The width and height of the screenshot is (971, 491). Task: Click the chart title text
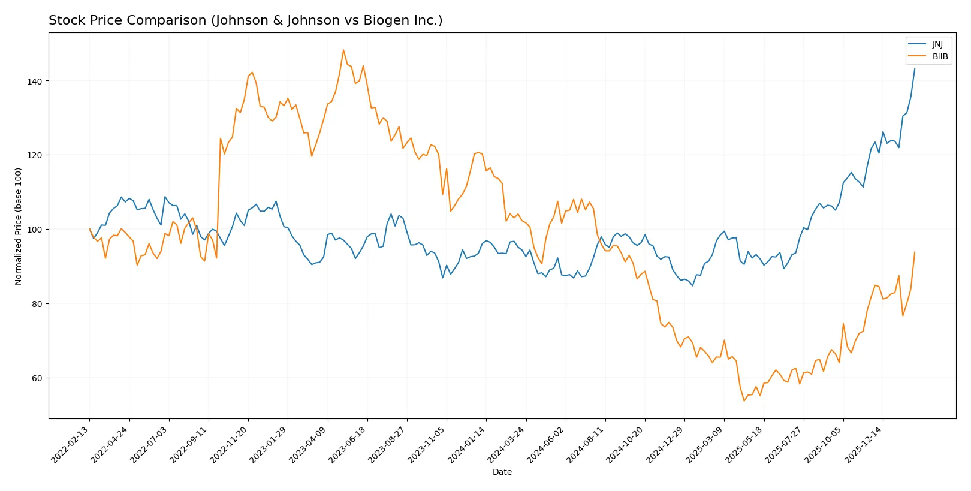[245, 20]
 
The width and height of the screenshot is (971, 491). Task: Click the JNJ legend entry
[937, 44]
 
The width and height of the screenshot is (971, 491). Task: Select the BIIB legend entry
[940, 57]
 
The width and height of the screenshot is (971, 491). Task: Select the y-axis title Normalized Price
[19, 226]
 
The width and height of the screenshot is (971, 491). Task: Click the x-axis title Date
[502, 472]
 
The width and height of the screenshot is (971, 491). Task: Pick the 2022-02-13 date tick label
[71, 444]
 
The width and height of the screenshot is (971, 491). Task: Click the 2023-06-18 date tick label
[348, 444]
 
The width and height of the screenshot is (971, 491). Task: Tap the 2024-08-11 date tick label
[586, 444]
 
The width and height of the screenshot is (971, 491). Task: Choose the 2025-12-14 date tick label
[864, 444]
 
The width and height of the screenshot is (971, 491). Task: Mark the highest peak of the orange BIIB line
[343, 50]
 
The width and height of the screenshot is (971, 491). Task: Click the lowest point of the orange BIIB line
[744, 400]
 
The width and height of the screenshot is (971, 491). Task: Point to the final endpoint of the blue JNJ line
[915, 69]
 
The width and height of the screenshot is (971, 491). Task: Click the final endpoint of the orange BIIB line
[915, 252]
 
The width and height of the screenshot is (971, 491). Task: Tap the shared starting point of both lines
[90, 229]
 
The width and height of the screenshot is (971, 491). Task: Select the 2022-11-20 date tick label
[229, 444]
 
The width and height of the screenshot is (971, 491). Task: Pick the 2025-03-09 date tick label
[705, 444]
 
